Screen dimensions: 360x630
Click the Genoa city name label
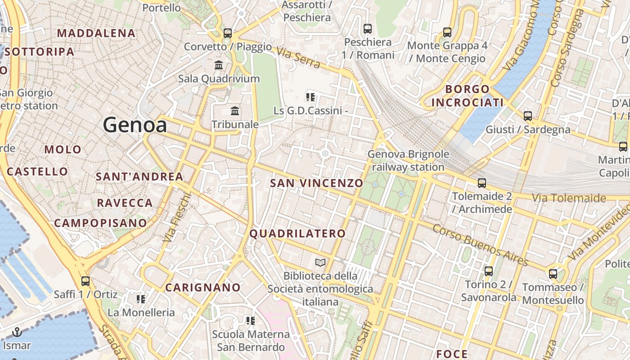(135, 125)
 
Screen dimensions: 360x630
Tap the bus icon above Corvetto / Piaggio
(228, 33)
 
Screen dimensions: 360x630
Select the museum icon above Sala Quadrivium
(219, 65)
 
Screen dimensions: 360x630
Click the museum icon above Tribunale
(234, 111)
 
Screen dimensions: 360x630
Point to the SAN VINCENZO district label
(316, 183)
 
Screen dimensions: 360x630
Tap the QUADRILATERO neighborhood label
(297, 234)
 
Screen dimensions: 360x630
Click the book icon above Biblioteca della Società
(320, 262)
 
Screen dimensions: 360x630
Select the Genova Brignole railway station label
(408, 161)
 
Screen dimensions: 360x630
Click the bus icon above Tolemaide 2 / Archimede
(482, 183)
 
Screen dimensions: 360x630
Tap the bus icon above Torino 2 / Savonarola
(489, 271)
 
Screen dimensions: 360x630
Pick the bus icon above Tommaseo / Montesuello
(553, 274)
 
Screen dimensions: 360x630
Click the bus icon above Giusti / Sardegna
(528, 116)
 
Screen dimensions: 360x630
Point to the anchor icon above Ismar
(17, 333)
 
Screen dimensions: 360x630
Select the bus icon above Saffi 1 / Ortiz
(85, 281)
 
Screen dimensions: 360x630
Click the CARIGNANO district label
(203, 287)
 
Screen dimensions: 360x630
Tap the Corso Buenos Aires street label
(480, 244)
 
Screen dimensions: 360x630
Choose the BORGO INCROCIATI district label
(468, 95)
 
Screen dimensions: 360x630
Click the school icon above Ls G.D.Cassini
(310, 96)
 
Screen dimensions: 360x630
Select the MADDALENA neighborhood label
(96, 33)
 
